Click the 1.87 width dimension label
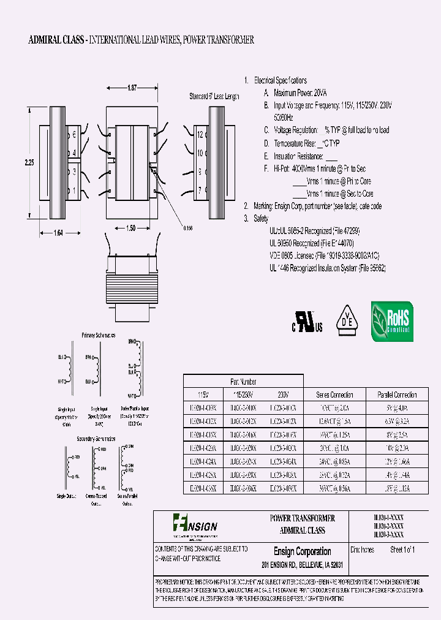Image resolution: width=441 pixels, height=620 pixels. click(x=132, y=88)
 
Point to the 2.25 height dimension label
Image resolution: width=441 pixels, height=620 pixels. click(x=29, y=163)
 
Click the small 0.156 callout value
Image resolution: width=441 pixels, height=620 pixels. click(x=188, y=228)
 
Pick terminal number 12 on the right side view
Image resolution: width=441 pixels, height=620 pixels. click(x=200, y=135)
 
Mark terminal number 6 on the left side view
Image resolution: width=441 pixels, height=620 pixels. click(x=75, y=134)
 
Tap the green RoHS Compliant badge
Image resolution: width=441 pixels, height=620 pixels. click(x=392, y=321)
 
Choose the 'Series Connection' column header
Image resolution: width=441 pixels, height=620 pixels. click(x=334, y=395)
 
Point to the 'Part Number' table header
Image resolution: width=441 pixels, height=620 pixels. click(x=244, y=380)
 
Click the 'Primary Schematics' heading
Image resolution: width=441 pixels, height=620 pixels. click(x=98, y=335)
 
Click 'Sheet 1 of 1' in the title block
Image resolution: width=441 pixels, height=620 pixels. click(x=402, y=550)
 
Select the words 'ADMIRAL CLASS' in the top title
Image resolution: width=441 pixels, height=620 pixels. click(x=56, y=40)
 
